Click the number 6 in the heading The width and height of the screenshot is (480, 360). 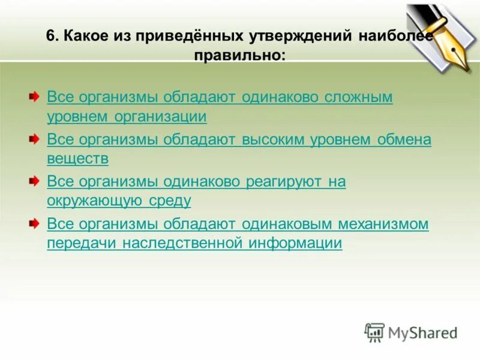tap(51, 36)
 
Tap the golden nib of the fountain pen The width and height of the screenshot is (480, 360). tap(447, 55)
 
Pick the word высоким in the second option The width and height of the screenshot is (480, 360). tap(275, 140)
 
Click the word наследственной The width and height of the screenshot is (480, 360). tap(187, 244)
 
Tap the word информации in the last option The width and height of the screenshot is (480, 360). tap(298, 244)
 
